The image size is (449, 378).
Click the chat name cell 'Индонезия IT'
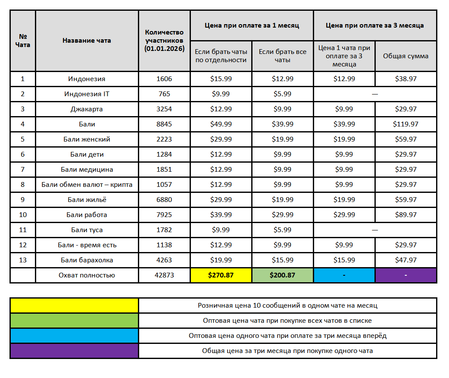coord(87,94)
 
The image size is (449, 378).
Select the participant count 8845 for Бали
coord(164,124)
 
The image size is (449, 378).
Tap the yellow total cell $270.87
coord(221,275)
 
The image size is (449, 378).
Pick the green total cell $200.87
coord(282,275)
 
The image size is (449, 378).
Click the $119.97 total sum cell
coord(405,124)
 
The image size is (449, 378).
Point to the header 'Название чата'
coord(87,41)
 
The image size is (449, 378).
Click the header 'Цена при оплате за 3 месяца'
coord(374,25)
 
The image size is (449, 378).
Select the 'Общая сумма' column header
coord(405,56)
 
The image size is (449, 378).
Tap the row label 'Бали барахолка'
coord(87,260)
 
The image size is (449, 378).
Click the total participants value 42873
coord(164,275)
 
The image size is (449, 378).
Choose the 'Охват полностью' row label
coord(87,275)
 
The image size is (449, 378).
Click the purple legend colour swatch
coord(74,351)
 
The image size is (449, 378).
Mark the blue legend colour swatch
coord(74,336)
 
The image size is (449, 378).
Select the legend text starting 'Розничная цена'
coord(287,306)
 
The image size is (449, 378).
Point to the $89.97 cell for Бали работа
coord(405,215)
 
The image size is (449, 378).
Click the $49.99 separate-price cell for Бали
coord(221,124)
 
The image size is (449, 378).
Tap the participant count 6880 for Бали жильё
coord(164,200)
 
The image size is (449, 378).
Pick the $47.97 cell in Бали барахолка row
coord(405,260)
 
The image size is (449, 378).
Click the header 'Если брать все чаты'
coord(282,56)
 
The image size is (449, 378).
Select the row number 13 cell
coord(23,260)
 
